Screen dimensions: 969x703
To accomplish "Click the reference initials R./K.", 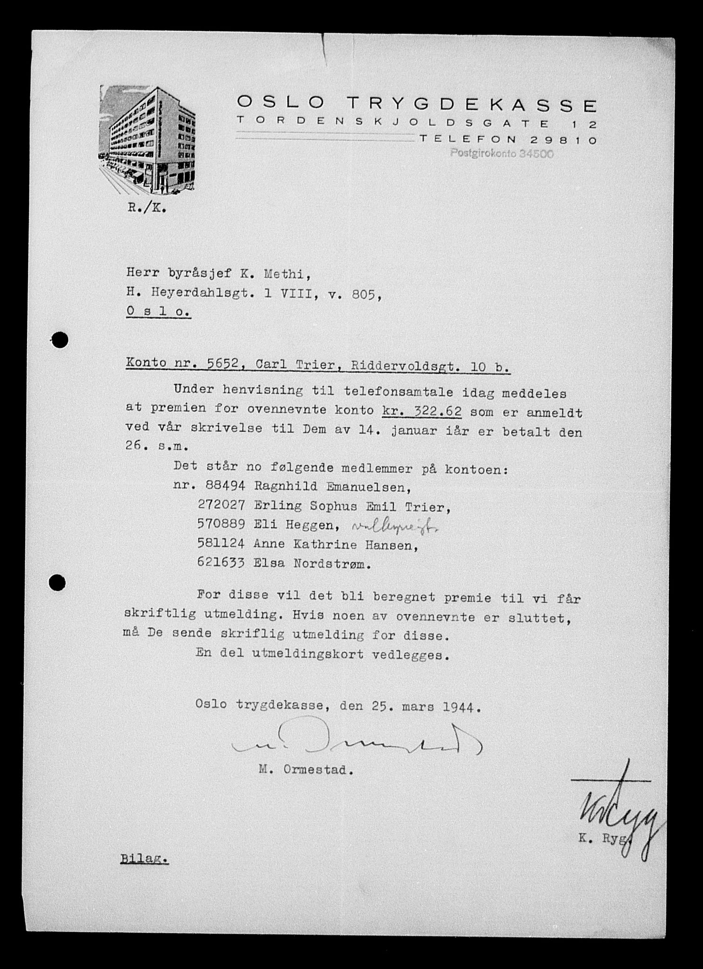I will [147, 208].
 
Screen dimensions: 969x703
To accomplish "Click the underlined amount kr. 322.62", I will [421, 412].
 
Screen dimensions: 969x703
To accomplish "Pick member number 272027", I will [221, 506].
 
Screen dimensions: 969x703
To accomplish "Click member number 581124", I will [221, 545].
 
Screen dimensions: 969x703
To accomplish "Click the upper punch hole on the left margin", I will [60, 340].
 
